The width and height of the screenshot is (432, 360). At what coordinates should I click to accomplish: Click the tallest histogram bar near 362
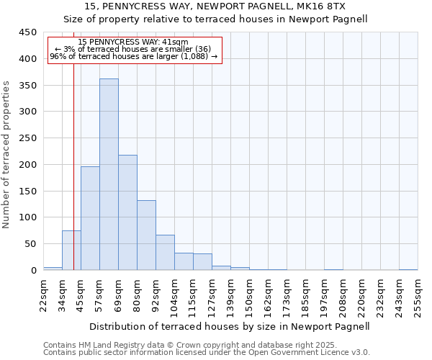pos(109,174)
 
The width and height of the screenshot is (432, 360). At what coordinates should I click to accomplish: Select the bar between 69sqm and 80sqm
pos(127,212)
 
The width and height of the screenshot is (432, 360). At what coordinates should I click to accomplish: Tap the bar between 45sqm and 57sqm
pos(90,218)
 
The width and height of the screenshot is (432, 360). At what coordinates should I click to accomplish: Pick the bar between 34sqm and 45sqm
pos(71,251)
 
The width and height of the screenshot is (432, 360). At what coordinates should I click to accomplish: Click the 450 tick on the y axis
pos(27,32)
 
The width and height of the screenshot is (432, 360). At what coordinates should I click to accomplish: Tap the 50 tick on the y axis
pos(29,244)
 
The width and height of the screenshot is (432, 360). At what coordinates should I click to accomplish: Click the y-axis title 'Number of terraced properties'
pos(6,154)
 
